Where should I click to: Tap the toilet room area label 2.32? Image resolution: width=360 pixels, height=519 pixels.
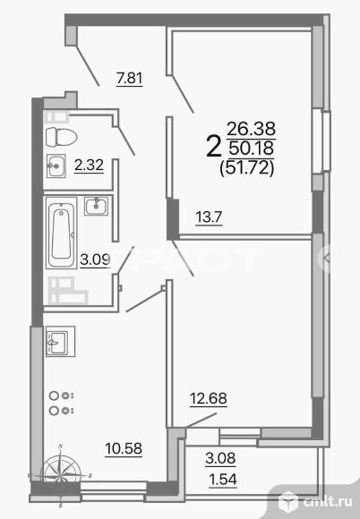(87, 165)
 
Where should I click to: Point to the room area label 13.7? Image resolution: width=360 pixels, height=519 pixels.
(210, 215)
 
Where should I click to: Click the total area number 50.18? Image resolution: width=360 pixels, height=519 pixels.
(252, 147)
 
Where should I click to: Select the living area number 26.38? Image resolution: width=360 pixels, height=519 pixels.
(252, 128)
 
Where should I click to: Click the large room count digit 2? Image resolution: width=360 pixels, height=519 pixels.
(214, 146)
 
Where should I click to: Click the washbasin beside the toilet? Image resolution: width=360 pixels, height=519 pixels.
(56, 165)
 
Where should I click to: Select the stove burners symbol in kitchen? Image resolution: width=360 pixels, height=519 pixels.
(62, 403)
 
